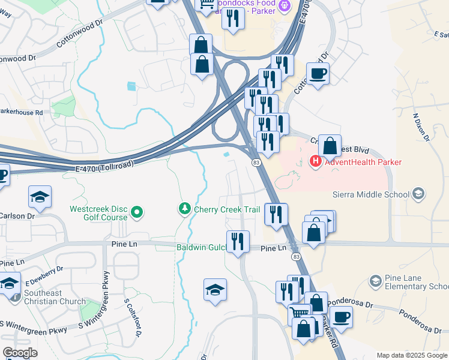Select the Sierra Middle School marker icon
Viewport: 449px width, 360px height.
pyautogui.click(x=418, y=194)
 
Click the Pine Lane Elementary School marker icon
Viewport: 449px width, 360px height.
pyautogui.click(x=375, y=281)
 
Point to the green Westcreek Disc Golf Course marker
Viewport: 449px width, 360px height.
pyautogui.click(x=137, y=212)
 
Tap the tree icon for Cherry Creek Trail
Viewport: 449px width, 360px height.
pyautogui.click(x=185, y=209)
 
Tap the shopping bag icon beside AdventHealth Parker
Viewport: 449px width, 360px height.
pyautogui.click(x=330, y=146)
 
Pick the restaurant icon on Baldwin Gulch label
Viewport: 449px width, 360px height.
pyautogui.click(x=238, y=242)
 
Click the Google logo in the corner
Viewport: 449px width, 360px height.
pyautogui.click(x=20, y=353)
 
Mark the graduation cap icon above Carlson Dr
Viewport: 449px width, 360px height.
pyautogui.click(x=40, y=197)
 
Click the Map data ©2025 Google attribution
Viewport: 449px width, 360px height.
pyautogui.click(x=411, y=355)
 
